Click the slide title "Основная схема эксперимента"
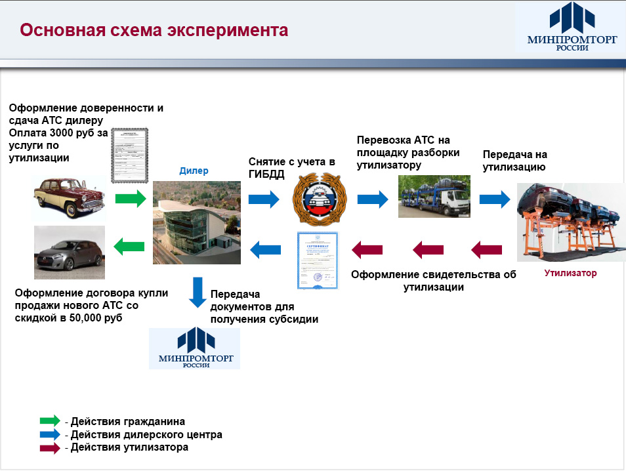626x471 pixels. (153, 31)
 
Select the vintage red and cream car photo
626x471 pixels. (70, 196)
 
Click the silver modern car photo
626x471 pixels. (70, 253)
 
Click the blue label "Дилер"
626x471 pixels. (194, 171)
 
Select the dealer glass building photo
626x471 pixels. (197, 223)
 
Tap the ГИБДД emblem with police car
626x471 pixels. (318, 197)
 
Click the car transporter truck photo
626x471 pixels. (434, 195)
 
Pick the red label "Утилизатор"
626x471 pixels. (570, 273)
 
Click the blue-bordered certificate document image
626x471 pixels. (318, 260)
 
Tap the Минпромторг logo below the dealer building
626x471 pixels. (195, 348)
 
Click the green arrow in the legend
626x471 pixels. (50, 421)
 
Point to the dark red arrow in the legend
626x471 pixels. (50, 448)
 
